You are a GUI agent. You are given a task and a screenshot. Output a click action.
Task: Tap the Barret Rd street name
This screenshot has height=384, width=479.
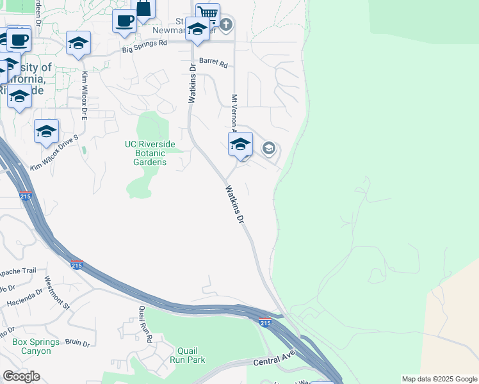click(x=213, y=63)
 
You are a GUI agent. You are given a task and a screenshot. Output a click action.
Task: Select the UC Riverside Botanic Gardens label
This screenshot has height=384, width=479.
click(x=146, y=153)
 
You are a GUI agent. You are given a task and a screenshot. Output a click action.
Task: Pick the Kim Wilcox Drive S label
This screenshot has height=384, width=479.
click(x=54, y=153)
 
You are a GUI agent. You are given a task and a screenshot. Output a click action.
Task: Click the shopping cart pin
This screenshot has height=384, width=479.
click(x=208, y=13)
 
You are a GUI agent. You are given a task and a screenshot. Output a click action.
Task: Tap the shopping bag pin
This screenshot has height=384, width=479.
click(x=143, y=9)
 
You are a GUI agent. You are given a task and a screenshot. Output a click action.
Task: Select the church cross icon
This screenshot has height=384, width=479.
click(x=225, y=26)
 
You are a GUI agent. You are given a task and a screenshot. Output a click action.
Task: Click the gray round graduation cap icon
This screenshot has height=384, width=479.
click(x=268, y=149)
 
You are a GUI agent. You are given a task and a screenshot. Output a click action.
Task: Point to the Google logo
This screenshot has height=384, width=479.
click(x=21, y=376)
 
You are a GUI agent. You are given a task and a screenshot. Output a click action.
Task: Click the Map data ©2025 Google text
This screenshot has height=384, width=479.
click(x=439, y=379)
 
